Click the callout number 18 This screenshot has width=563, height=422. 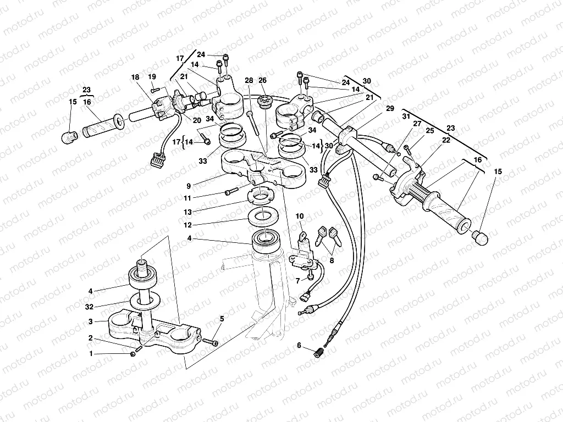135,77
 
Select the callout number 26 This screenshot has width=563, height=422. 262,80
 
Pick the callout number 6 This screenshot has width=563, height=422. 299,345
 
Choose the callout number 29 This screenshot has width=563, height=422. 390,109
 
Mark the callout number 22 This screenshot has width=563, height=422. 446,140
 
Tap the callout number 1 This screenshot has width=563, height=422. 91,354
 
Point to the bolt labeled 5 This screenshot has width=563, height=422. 209,342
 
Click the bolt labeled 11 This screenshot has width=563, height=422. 231,191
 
